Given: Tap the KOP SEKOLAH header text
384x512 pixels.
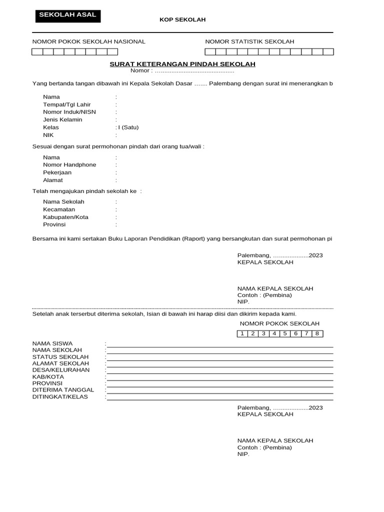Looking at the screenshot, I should pos(182,19).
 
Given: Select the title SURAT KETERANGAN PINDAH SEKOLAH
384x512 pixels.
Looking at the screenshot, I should pos(182,64).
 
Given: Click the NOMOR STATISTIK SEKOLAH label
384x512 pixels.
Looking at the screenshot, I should pos(249,41).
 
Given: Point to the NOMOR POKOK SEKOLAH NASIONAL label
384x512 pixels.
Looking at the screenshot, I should pos(88,41).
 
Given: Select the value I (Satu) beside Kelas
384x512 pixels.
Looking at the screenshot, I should pos(128,127).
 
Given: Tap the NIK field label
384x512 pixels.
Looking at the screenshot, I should pos(48,135).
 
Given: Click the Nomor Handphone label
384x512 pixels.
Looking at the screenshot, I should pos(69,164).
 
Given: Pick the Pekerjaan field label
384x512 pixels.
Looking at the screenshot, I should pos(57,172).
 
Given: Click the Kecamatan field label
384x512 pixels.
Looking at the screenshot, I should pos(59,209).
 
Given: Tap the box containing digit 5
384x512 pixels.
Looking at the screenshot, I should pos(285,333).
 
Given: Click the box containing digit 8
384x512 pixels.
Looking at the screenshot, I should pos(317,333).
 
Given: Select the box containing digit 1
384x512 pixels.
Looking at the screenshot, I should pos(242,333).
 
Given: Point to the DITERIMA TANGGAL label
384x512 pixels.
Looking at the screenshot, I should pos(63,389).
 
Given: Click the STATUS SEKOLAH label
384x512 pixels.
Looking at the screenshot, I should pos(60,356).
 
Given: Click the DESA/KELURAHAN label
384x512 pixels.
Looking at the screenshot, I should pos(61,369).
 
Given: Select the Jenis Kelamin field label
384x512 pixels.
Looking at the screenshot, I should pos(62,120).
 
